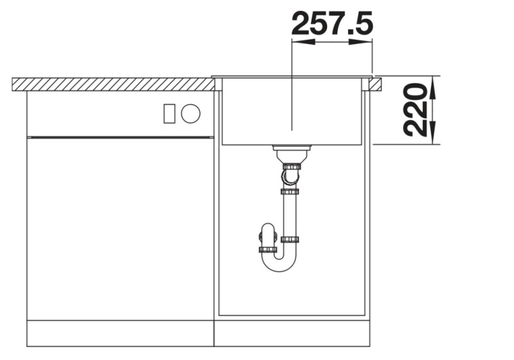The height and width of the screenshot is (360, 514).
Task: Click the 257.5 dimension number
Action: coord(332,24)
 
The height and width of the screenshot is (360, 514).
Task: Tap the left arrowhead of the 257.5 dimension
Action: coord(302,42)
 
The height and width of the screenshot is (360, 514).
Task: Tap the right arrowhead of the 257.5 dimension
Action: coord(364,42)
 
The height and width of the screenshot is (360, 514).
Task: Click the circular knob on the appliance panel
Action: coord(191,114)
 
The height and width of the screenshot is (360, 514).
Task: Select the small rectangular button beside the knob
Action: coord(170,114)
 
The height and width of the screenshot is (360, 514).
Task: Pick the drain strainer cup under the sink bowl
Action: coord(292,153)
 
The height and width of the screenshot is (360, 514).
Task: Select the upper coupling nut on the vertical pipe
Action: coord(290,191)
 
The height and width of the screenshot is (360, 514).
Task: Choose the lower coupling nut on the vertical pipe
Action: coord(290,240)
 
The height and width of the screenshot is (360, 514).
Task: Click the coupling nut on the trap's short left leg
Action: coord(267,249)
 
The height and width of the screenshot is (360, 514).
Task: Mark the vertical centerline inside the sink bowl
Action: coord(292,109)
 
